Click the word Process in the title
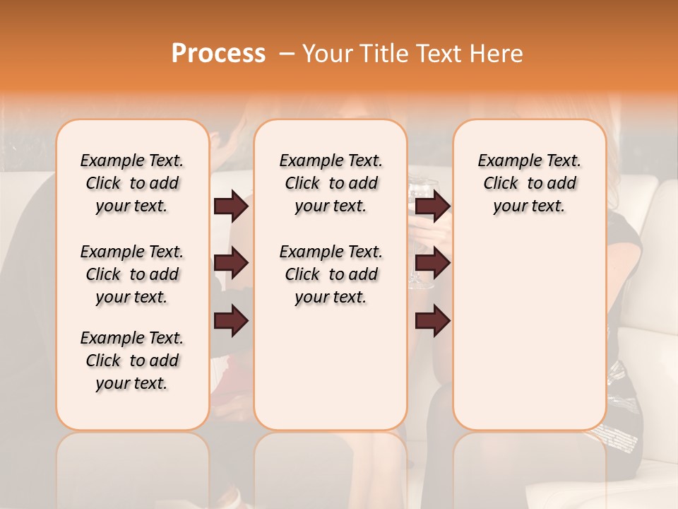(x=218, y=53)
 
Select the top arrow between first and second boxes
(x=231, y=206)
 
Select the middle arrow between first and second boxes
(x=231, y=263)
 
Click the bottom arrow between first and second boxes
(x=231, y=320)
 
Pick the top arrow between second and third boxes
(x=432, y=206)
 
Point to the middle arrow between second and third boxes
(x=432, y=263)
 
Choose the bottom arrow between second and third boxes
(x=432, y=320)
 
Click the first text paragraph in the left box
(x=132, y=183)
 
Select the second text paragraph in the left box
(x=132, y=274)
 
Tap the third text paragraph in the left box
(x=132, y=361)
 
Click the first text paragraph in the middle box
(x=331, y=183)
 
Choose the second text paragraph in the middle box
(x=331, y=274)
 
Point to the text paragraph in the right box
(x=529, y=183)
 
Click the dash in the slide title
(x=287, y=54)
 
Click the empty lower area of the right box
(x=529, y=332)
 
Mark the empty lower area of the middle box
(x=331, y=368)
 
